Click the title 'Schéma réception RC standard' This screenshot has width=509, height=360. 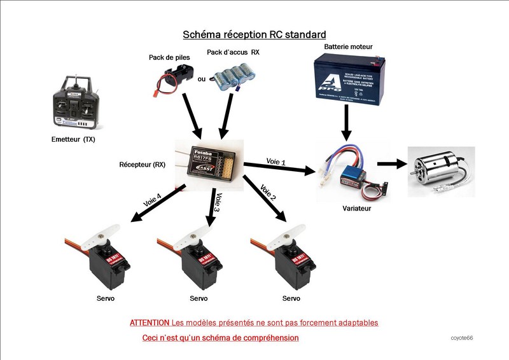pos(254,34)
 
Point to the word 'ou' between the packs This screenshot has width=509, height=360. pos(202,80)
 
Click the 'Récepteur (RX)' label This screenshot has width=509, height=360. pos(143,164)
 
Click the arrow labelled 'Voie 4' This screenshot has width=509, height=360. pos(157,204)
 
